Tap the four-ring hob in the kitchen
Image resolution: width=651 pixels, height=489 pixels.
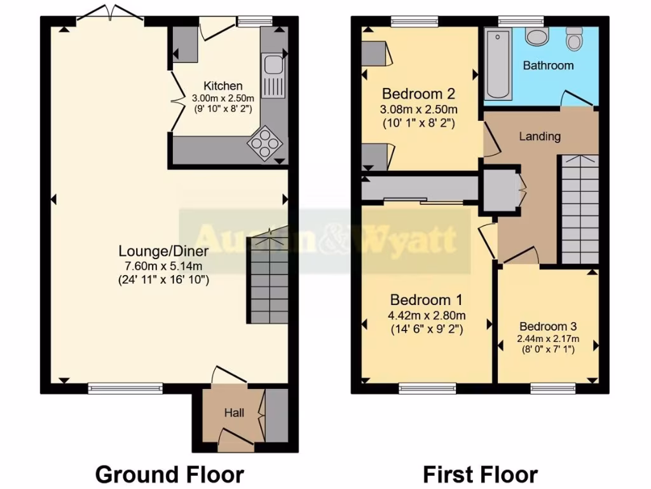click(x=266, y=143)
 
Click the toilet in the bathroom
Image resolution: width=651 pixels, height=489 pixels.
click(x=575, y=41)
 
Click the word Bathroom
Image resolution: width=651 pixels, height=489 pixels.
click(x=548, y=66)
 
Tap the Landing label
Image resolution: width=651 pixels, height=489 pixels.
click(x=540, y=136)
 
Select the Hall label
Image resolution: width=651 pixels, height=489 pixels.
click(x=234, y=413)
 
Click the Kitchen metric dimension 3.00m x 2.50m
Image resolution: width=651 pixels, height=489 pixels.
click(x=223, y=99)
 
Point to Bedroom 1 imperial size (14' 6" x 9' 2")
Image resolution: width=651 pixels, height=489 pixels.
click(x=427, y=329)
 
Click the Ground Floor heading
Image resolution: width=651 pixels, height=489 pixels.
click(x=169, y=474)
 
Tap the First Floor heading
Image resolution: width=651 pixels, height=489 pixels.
click(x=480, y=474)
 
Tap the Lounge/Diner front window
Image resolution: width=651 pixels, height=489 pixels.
click(x=125, y=386)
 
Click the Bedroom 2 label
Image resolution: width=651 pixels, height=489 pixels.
click(x=418, y=94)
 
